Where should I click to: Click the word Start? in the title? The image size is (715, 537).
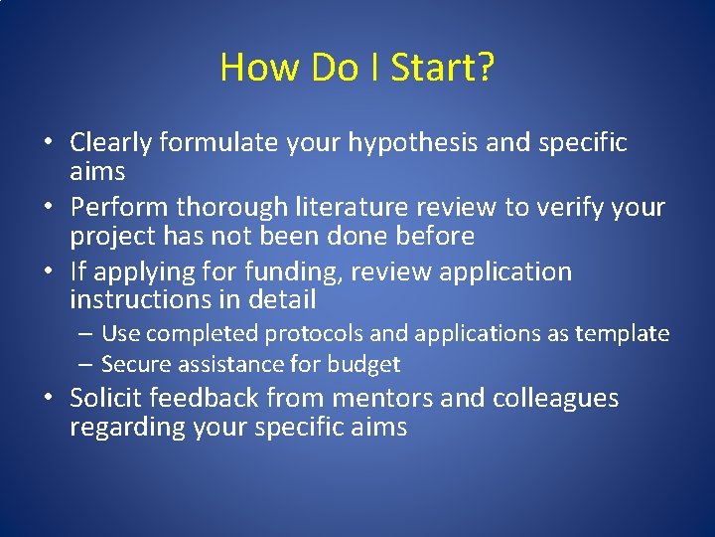point(443,68)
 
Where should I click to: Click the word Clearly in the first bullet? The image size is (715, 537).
point(110,143)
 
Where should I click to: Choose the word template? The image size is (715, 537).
point(623,334)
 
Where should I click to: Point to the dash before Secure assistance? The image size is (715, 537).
point(88,365)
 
